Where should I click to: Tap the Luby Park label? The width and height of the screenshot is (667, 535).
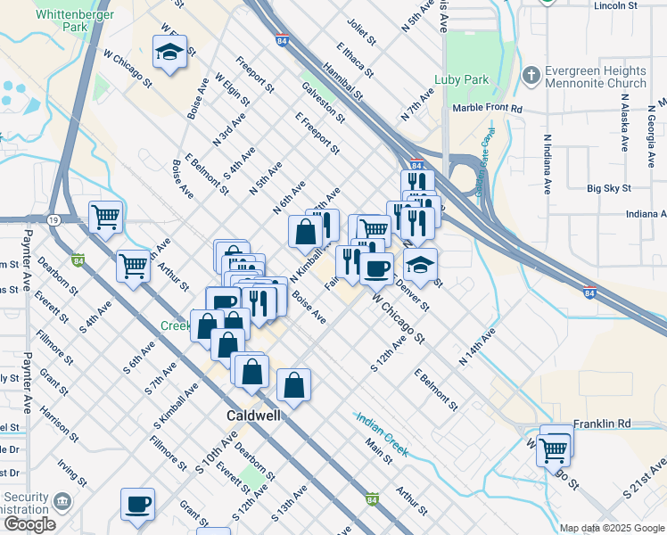pos(461,79)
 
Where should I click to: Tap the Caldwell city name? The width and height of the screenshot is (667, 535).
pos(252,416)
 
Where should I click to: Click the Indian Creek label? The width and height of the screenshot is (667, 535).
pos(382,434)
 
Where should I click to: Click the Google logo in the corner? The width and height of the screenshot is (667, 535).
pos(29,524)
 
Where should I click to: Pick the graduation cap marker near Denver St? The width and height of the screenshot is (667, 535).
pos(420,264)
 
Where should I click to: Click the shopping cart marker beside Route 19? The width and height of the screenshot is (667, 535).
pos(105,216)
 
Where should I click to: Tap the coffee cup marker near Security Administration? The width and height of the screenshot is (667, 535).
pos(138,504)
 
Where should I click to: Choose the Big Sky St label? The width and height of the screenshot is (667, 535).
pos(609,189)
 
